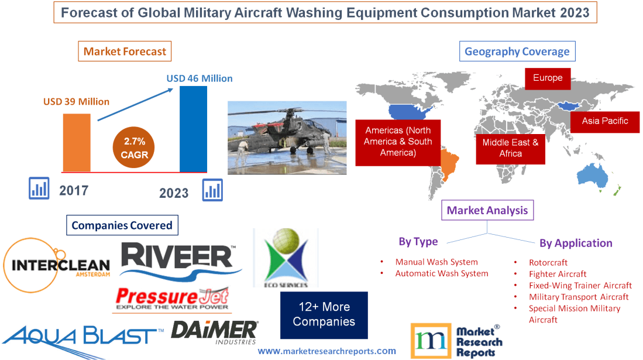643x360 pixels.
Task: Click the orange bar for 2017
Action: point(77,142)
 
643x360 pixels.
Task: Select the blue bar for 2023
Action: point(193,129)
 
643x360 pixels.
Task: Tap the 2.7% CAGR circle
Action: point(135,148)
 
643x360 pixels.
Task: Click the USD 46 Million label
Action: point(200,78)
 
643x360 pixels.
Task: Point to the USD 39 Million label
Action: point(76,101)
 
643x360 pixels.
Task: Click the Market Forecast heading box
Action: point(125,52)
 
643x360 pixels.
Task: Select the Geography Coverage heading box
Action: point(517,52)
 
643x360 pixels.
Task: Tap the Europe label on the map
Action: point(548,78)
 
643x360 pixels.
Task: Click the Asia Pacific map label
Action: point(605,121)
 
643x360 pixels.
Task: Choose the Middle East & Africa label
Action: point(510,148)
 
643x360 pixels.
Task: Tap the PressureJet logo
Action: point(172,299)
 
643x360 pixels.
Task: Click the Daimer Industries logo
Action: point(214,332)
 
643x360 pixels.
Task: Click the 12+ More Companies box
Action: point(324,314)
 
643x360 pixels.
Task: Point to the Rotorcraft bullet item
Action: point(548,262)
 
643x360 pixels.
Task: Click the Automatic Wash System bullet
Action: point(441,273)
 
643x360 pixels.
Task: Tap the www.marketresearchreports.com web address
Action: point(326,351)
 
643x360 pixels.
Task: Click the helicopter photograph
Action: point(287,138)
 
